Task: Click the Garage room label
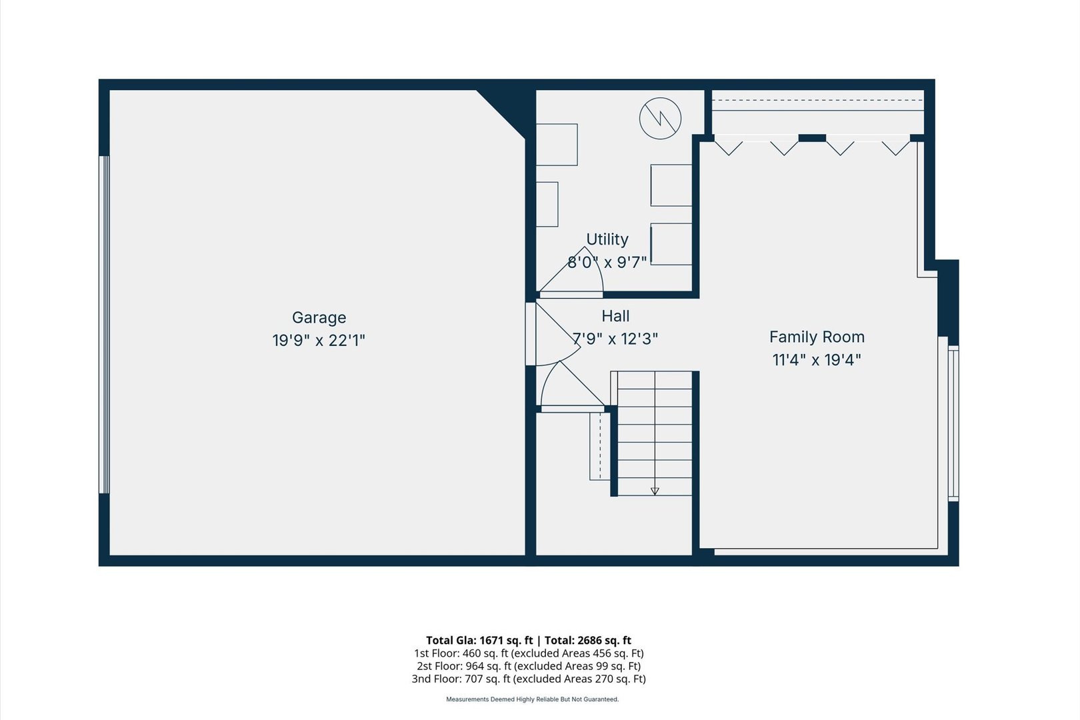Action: click(319, 317)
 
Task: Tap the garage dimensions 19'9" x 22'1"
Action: click(319, 341)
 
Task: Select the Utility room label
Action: click(607, 240)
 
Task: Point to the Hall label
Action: click(615, 316)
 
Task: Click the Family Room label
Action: click(817, 337)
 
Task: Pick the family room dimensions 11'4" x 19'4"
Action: click(817, 360)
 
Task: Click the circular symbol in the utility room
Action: click(660, 119)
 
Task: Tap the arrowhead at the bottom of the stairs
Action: click(655, 491)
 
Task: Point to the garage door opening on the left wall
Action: click(104, 325)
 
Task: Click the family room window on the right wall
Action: click(953, 423)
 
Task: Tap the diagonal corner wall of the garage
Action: click(501, 114)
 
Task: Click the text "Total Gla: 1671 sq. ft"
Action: click(479, 641)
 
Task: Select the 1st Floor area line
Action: click(529, 653)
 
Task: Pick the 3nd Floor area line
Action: click(529, 679)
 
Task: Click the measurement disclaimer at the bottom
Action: click(532, 699)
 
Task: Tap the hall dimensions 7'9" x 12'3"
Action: click(615, 339)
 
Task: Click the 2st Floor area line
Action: click(529, 666)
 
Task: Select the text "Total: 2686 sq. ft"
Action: click(588, 641)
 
